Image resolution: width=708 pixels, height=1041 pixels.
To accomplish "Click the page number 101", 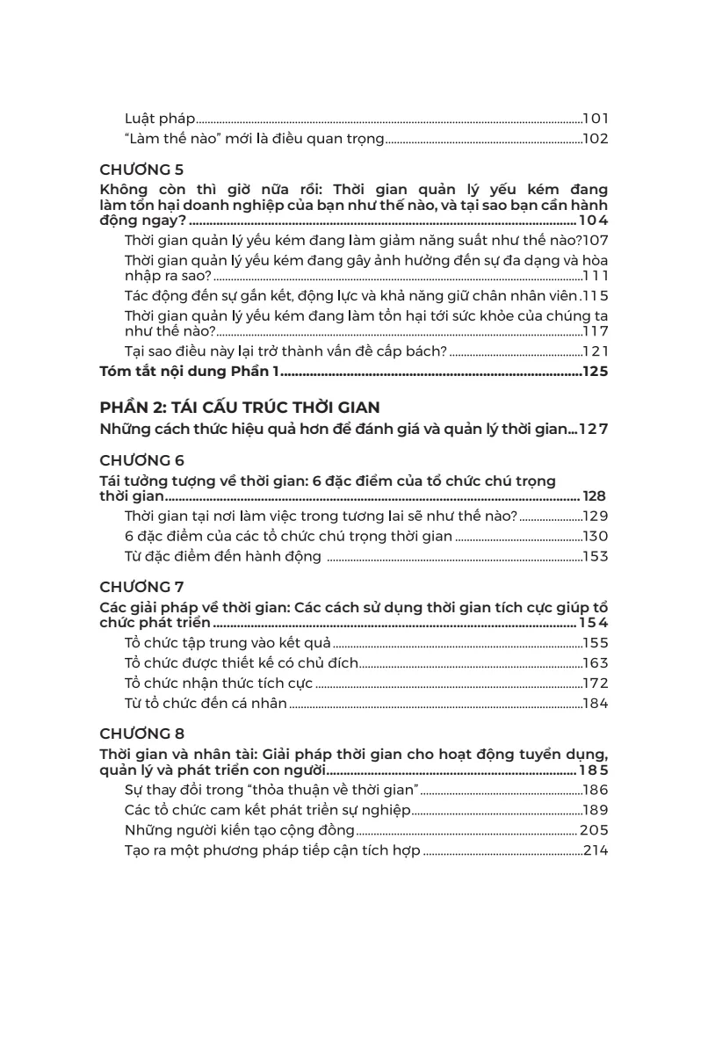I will (596, 118).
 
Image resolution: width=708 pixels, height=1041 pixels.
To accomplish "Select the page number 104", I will (594, 220).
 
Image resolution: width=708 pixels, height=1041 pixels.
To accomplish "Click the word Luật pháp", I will (159, 118).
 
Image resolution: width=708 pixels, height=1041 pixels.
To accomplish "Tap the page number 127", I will (594, 429).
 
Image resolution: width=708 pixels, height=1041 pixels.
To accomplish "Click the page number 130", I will (596, 536).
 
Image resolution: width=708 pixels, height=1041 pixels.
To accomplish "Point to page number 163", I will (596, 663).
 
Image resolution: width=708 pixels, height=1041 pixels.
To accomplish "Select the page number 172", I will (596, 683).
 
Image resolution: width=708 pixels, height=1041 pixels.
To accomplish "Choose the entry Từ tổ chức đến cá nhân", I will (206, 703).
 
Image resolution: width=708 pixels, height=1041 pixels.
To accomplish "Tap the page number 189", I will (596, 810).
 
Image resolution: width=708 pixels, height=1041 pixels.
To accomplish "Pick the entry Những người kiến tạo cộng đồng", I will (240, 830).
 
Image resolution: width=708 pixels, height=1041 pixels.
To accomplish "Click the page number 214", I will (596, 850).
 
